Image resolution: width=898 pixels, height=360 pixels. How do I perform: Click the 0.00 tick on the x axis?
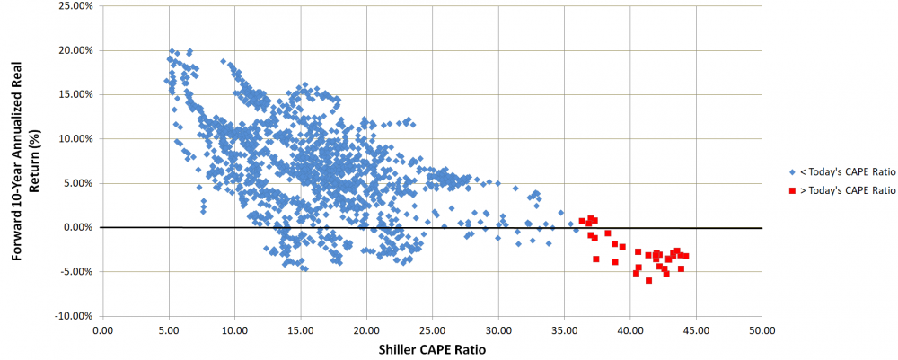click(103, 330)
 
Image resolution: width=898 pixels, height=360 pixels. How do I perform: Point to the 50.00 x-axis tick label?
click(762, 330)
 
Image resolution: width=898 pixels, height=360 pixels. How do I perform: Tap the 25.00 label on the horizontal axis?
click(432, 330)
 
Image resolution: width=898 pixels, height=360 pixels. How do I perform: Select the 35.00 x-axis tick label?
click(564, 330)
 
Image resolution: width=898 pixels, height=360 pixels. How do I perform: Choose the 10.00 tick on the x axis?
click(234, 330)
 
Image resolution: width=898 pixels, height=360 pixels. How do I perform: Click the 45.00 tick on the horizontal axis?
click(696, 330)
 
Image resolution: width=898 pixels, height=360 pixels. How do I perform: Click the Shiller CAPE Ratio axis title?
click(431, 349)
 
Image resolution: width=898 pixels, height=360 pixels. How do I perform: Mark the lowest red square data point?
click(648, 281)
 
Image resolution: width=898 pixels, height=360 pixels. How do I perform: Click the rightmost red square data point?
click(686, 257)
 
